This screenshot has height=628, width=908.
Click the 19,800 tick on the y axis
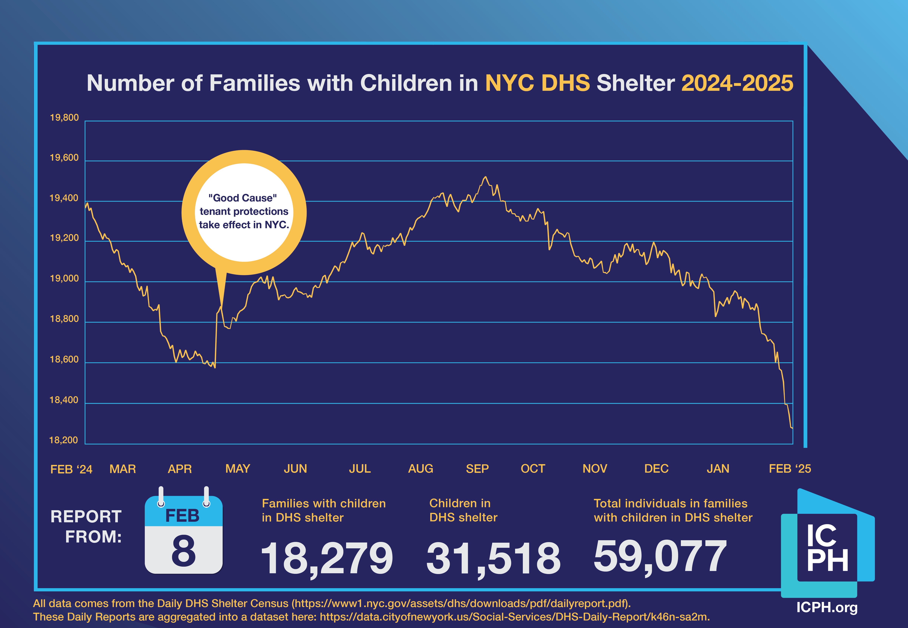[x=64, y=118]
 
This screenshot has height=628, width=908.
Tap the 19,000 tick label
[x=64, y=279]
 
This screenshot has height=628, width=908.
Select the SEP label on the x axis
[x=477, y=469]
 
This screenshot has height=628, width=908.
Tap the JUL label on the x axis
[x=360, y=469]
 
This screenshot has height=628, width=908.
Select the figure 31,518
[x=493, y=558]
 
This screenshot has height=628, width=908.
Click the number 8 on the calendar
[x=183, y=551]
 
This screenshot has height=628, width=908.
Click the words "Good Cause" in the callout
[x=242, y=198]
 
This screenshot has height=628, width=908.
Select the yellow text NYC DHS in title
[x=537, y=83]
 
